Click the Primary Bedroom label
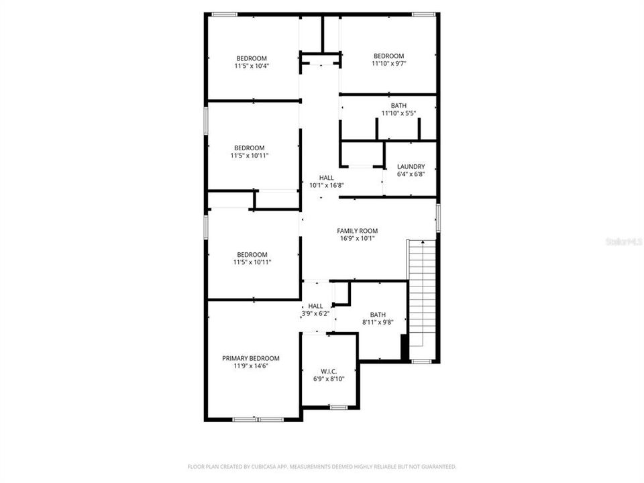click(251, 358)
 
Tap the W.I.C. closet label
click(329, 370)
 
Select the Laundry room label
click(411, 166)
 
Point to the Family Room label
click(357, 231)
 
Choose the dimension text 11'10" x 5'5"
click(398, 114)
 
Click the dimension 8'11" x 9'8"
click(378, 322)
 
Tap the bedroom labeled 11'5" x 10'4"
click(252, 66)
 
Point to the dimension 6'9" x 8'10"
click(329, 378)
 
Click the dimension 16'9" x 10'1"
click(357, 238)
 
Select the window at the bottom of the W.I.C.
click(338, 407)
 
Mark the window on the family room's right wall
click(438, 219)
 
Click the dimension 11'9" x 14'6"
click(251, 366)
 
